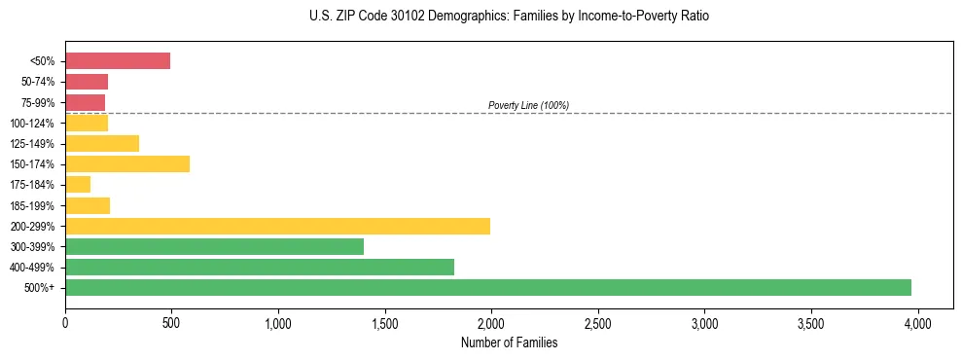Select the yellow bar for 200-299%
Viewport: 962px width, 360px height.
tap(277, 226)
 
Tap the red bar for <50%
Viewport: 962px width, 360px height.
tap(118, 61)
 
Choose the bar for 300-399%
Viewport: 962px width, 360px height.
tap(214, 246)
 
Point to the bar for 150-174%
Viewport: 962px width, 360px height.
tap(127, 164)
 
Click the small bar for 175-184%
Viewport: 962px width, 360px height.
tap(78, 185)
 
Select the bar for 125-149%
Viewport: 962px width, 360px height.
tap(102, 144)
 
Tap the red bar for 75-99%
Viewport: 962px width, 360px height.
tap(86, 102)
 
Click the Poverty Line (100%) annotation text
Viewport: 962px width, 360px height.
tap(528, 105)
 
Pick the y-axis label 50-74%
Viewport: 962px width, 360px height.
tap(36, 82)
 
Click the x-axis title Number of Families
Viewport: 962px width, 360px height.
tap(509, 342)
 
